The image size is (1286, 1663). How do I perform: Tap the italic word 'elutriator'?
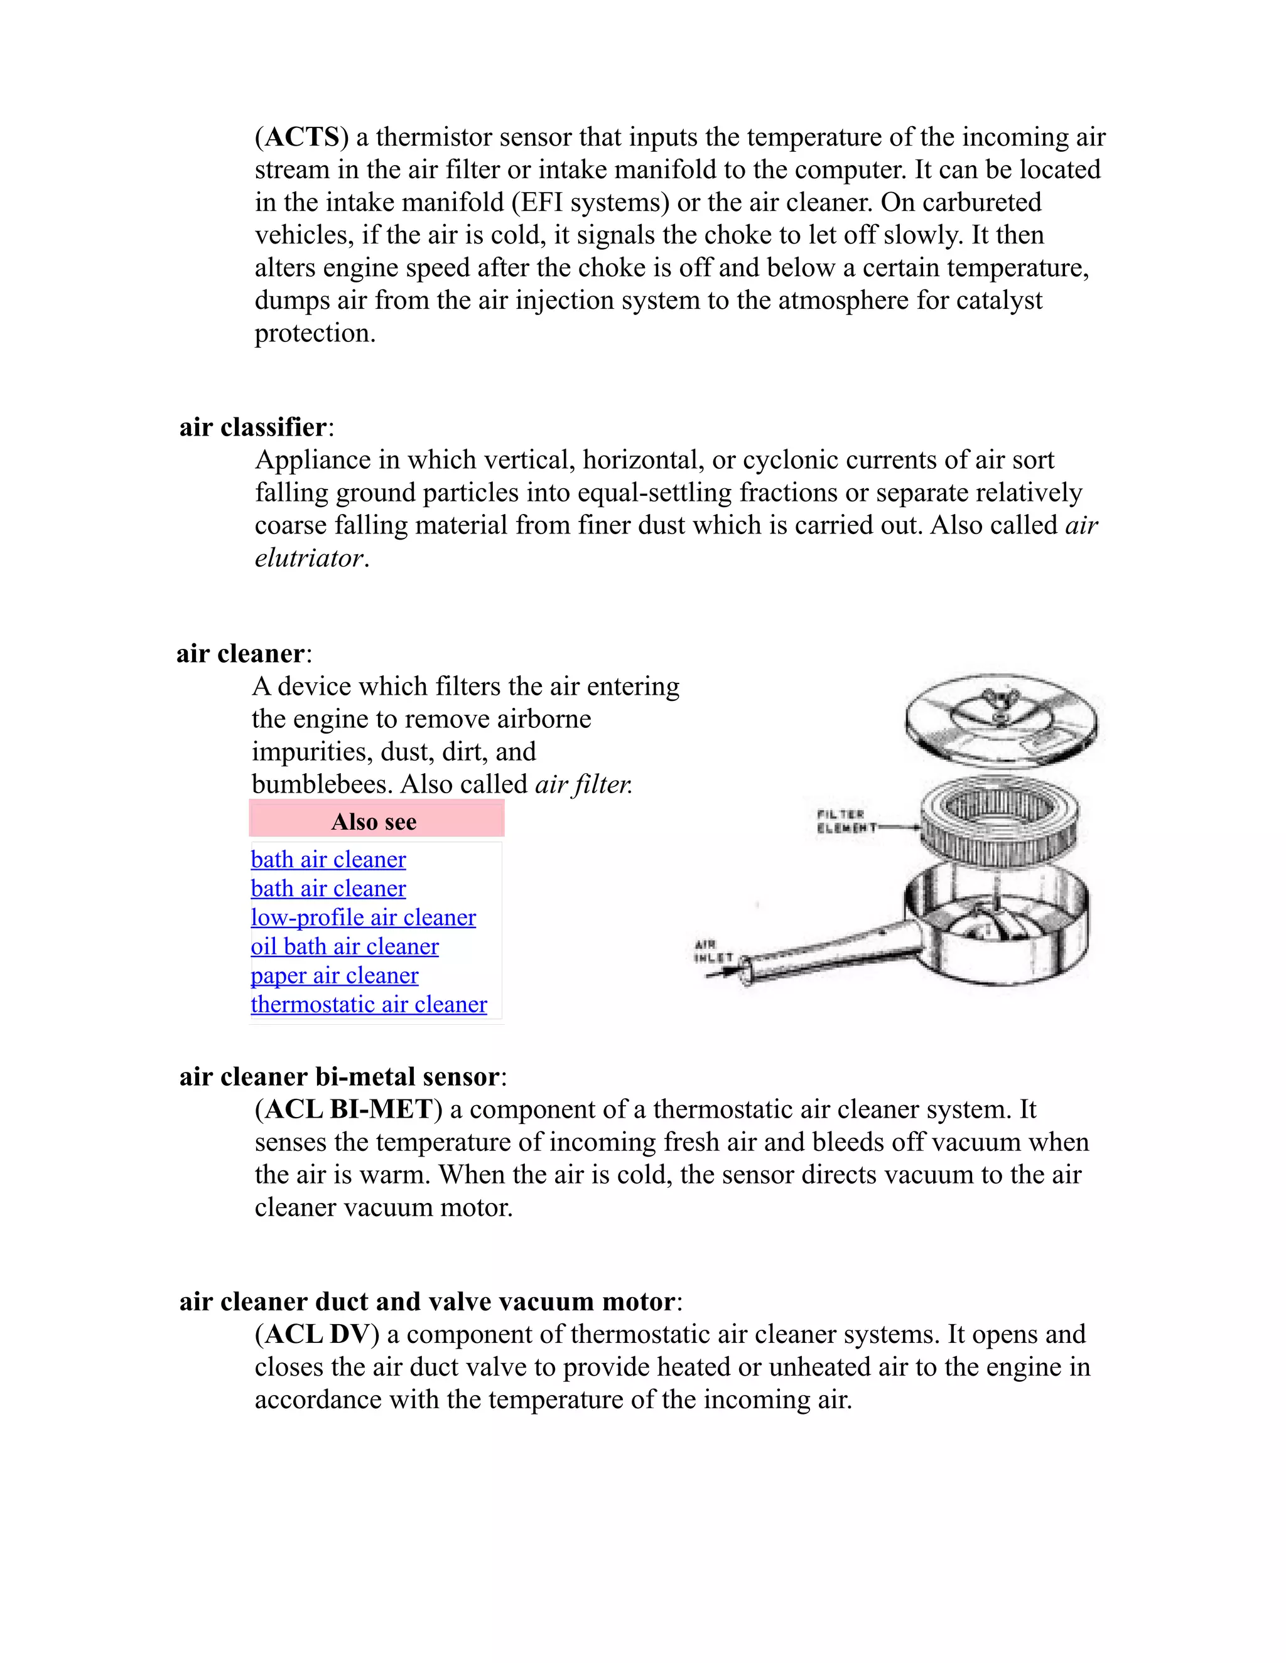pos(310,558)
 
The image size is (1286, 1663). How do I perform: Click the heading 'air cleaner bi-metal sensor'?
pos(340,1077)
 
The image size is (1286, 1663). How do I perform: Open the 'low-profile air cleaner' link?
pos(364,917)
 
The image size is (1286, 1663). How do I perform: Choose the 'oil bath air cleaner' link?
pos(344,946)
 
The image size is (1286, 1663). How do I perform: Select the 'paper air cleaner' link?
pos(335,975)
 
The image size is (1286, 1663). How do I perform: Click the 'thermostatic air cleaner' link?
pos(369,1004)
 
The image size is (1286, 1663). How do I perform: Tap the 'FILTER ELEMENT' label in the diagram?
pos(841,821)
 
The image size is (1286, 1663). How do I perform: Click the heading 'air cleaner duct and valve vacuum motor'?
pos(426,1302)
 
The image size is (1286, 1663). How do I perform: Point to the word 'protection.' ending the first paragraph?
pos(315,333)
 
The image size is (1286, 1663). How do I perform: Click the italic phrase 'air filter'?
pos(583,784)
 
